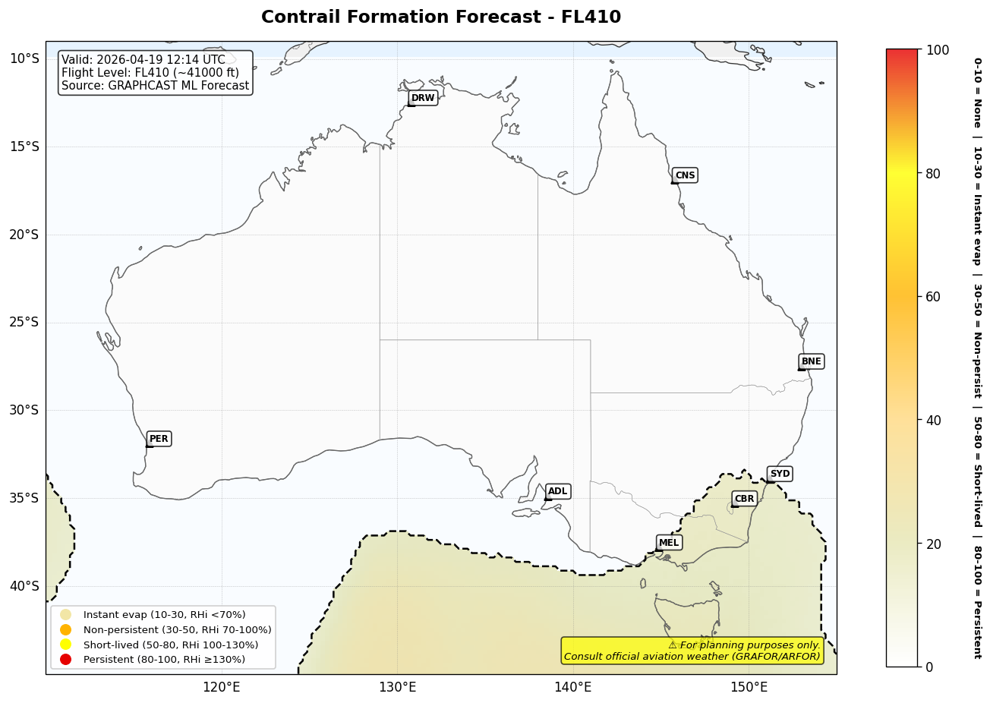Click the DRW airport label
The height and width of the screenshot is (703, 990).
423,98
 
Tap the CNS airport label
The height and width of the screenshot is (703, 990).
685,175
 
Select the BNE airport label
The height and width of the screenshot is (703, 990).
811,361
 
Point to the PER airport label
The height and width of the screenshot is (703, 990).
159,439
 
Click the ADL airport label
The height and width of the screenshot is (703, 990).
557,491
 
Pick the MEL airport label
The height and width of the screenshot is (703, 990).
669,543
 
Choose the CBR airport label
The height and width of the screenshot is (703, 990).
744,499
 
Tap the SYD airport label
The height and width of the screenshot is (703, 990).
780,474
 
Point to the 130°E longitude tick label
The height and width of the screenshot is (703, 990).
397,688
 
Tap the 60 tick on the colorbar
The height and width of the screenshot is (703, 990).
933,297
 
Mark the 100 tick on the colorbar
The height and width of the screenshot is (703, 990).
938,50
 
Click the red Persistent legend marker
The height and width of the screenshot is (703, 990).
66,659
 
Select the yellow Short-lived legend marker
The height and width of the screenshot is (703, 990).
66,645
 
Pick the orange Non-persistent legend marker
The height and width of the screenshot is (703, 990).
66,629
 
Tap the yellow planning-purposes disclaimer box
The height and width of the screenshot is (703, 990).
692,651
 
